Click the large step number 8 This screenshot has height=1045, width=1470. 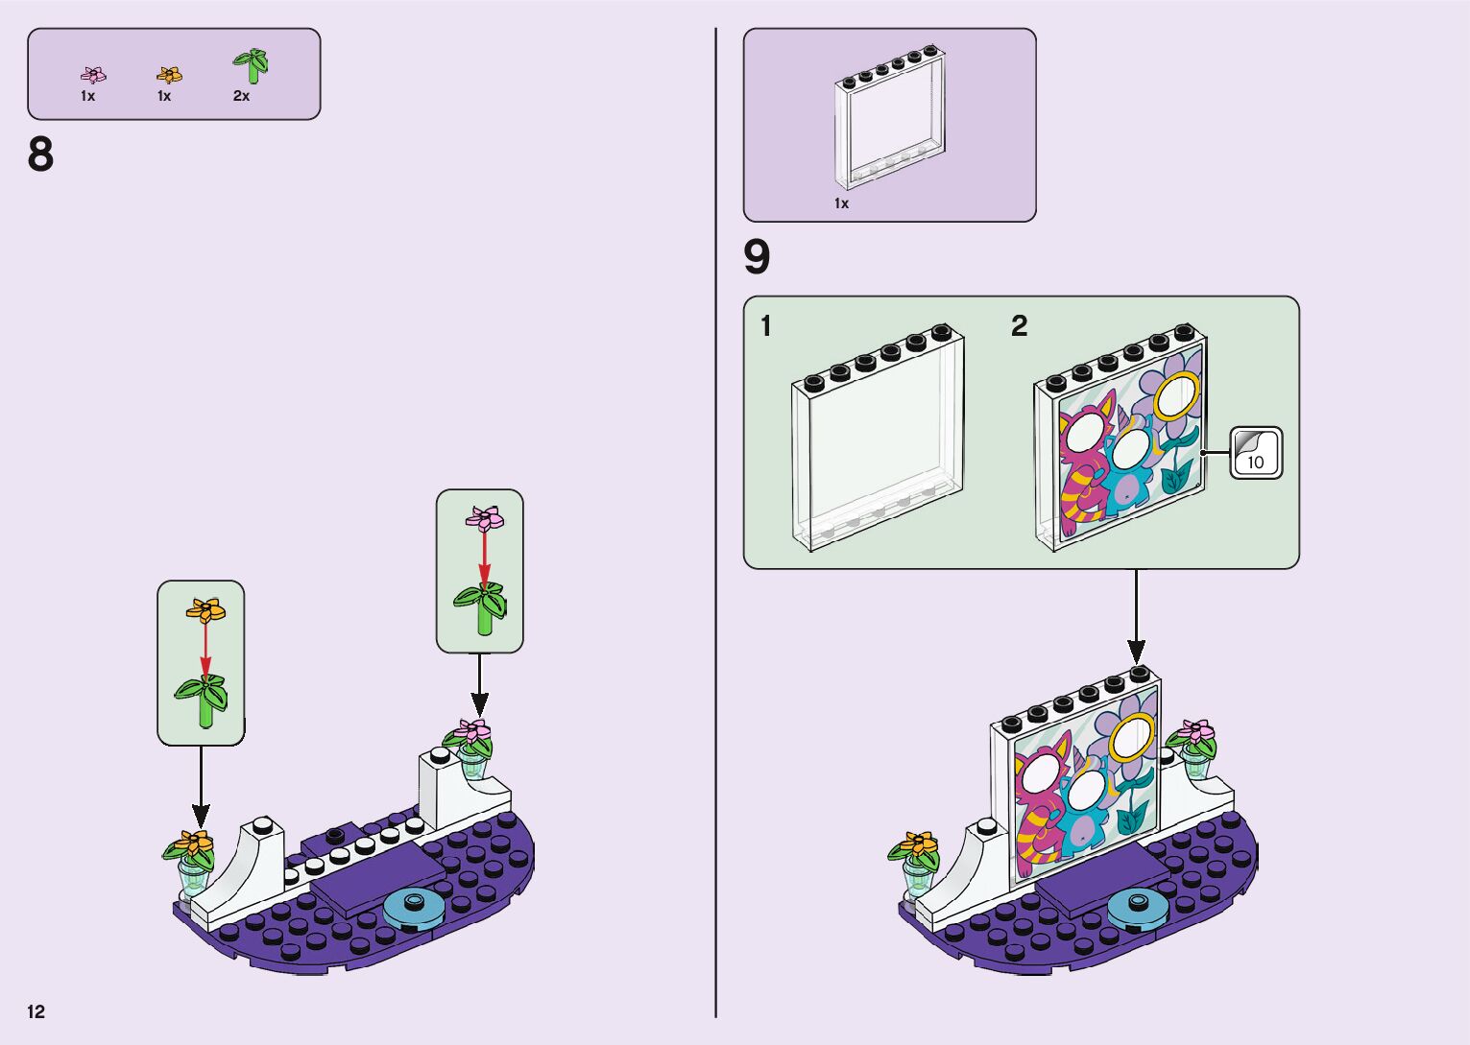tap(40, 154)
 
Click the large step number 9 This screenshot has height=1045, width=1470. tap(757, 257)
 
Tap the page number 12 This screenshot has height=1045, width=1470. tap(36, 1011)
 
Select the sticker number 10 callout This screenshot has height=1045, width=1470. tap(1256, 453)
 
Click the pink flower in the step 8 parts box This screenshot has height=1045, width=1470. tap(93, 75)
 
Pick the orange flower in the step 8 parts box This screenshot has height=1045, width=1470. tap(169, 75)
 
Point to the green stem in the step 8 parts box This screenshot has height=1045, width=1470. tap(252, 65)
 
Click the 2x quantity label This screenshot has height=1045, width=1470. tap(241, 96)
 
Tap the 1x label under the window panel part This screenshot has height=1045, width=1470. tap(841, 203)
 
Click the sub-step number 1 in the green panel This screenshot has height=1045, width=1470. tap(765, 327)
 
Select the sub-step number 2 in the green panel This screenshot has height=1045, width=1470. tap(1019, 327)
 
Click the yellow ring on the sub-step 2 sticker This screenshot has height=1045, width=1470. tap(1176, 397)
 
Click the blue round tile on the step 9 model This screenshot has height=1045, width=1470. tap(1138, 904)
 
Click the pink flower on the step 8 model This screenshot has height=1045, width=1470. tap(472, 732)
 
